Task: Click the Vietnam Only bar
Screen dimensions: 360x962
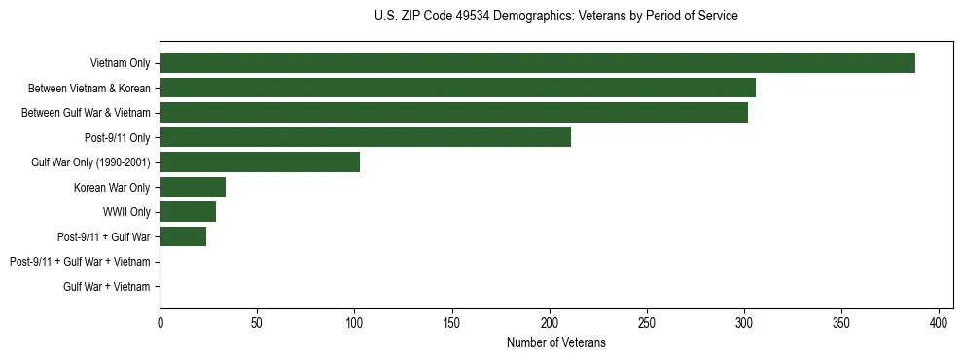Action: pyautogui.click(x=537, y=63)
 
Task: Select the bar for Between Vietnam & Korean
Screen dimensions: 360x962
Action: pyautogui.click(x=457, y=88)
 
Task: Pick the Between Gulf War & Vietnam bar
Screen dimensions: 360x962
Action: pyautogui.click(x=453, y=113)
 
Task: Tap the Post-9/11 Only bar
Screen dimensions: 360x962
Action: pyautogui.click(x=365, y=137)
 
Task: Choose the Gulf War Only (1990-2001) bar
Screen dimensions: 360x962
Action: pyautogui.click(x=260, y=162)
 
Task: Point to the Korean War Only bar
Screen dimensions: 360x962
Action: pyautogui.click(x=193, y=187)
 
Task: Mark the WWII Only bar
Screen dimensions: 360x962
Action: pyautogui.click(x=188, y=212)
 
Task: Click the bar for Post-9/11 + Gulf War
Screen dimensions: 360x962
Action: pyautogui.click(x=183, y=236)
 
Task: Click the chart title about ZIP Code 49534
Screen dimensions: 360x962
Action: pyautogui.click(x=555, y=17)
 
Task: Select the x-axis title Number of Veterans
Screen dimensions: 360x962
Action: pyautogui.click(x=555, y=342)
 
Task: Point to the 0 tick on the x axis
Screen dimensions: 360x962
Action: pyautogui.click(x=160, y=322)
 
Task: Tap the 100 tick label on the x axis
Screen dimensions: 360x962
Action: pyautogui.click(x=354, y=322)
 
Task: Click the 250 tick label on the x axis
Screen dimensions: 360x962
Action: pyautogui.click(x=647, y=322)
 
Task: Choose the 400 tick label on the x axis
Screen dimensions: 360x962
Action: pyautogui.click(x=940, y=322)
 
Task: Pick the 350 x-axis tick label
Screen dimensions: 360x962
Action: pyautogui.click(x=841, y=322)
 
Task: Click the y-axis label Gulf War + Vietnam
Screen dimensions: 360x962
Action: pyautogui.click(x=107, y=286)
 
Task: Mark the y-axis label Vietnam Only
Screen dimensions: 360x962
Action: pyautogui.click(x=120, y=63)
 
